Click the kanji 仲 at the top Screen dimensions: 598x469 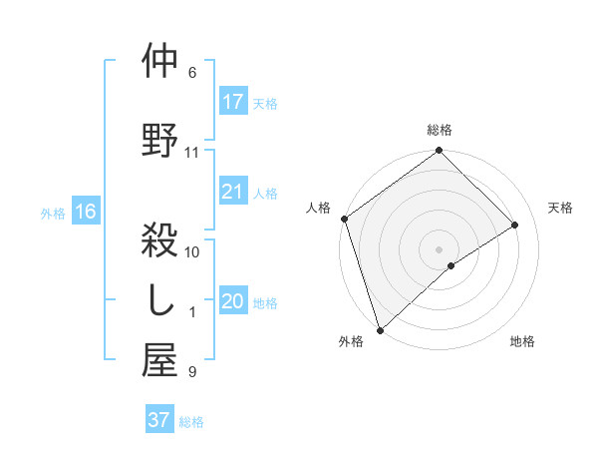click(160, 62)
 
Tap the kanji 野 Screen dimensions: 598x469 click(160, 139)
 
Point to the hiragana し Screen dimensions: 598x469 click(160, 300)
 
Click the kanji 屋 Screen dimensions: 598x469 click(160, 362)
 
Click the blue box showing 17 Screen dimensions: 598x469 click(233, 102)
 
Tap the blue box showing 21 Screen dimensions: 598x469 click(233, 193)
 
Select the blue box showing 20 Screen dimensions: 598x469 click(233, 302)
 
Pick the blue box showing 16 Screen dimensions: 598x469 click(85, 212)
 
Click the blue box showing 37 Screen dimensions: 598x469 click(158, 420)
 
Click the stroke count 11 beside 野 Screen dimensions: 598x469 click(192, 153)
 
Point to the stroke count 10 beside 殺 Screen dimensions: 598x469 click(192, 252)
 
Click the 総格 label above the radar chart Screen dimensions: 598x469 click(440, 131)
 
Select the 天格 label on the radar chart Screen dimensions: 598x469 click(561, 208)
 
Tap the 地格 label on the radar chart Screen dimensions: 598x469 click(522, 341)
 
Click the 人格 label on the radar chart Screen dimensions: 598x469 click(319, 208)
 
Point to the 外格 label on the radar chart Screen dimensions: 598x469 click(351, 341)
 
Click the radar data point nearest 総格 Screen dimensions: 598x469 click(439, 152)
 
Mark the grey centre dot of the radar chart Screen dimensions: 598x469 click(439, 247)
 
